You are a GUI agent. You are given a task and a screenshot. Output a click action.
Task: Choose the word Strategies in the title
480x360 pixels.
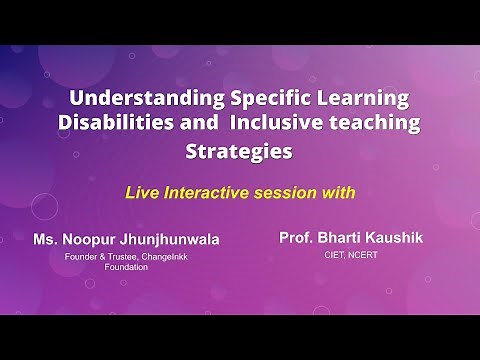pos(240,153)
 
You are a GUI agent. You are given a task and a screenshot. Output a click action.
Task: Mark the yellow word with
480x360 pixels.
pos(342,190)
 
